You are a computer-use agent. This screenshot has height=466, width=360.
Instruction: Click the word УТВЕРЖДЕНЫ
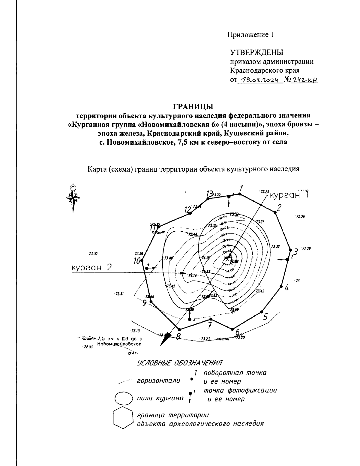pyautogui.click(x=256, y=53)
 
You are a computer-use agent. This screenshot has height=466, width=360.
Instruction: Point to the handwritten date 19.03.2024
pyautogui.click(x=260, y=80)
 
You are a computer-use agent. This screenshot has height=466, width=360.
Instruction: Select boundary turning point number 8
pyautogui.click(x=179, y=329)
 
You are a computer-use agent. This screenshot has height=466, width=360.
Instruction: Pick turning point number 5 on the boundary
pyautogui.click(x=262, y=312)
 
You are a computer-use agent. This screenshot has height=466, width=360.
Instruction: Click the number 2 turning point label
pyautogui.click(x=279, y=208)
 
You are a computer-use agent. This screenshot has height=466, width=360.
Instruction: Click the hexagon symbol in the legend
pyautogui.click(x=123, y=417)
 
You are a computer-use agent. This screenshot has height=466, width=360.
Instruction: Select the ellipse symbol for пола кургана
pyautogui.click(x=123, y=398)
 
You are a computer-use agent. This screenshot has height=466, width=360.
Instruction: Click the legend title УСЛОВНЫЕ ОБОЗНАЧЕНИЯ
pyautogui.click(x=179, y=363)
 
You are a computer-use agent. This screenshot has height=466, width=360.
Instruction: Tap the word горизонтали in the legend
pyautogui.click(x=159, y=381)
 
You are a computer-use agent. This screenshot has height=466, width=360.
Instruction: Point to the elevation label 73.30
pyautogui.click(x=93, y=254)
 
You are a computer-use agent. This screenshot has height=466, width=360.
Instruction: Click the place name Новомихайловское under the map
pyautogui.click(x=119, y=344)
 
